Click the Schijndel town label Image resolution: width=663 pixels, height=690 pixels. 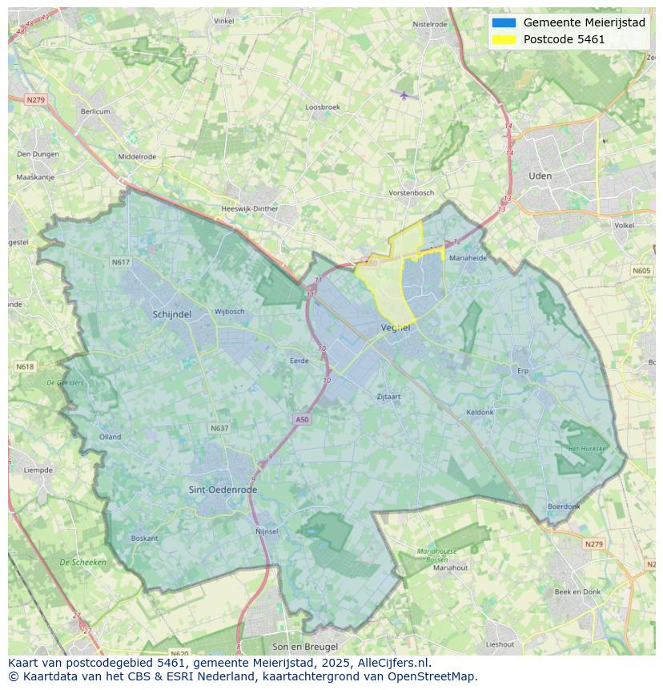point(171,315)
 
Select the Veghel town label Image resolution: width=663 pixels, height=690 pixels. point(396,328)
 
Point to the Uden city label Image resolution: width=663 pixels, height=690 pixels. point(540,176)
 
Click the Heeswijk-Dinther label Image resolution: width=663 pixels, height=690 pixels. point(249,209)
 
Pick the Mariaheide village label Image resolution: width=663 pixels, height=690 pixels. point(468,258)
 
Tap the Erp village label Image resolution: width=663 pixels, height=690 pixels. point(523,371)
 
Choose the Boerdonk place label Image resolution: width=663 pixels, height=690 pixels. point(564,506)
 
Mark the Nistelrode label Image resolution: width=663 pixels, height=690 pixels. point(429,24)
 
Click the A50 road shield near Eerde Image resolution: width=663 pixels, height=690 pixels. point(301,419)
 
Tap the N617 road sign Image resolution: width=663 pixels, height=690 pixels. point(120,262)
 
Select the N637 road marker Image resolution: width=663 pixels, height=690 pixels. point(219,429)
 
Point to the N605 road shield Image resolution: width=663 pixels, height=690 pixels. point(641,271)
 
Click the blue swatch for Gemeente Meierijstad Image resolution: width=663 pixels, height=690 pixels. point(504,22)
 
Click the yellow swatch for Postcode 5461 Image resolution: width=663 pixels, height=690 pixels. point(504,39)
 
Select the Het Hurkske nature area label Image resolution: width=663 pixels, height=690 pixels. point(587,449)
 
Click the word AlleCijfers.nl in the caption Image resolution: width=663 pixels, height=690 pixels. point(392,663)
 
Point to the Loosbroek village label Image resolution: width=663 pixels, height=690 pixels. point(323,107)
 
